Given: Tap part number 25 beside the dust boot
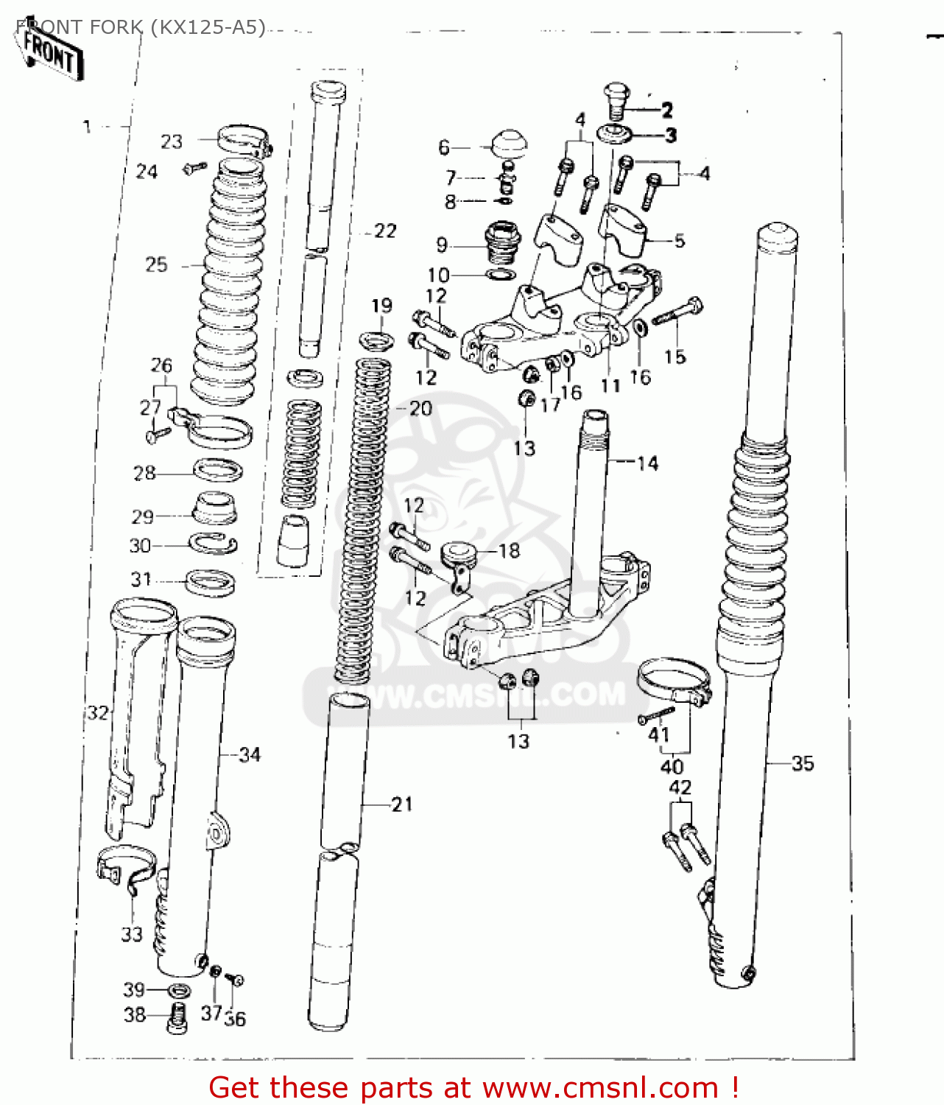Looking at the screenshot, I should (x=156, y=264).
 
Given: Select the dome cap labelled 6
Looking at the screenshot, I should (x=508, y=143).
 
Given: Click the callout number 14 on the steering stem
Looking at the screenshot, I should (x=647, y=463).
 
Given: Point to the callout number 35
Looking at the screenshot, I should (x=803, y=763).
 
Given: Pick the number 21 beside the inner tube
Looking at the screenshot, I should (x=401, y=804).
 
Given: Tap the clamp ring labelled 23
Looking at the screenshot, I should (x=243, y=139).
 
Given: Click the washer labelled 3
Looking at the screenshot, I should (x=615, y=134).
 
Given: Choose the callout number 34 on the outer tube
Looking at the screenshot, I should (x=250, y=754).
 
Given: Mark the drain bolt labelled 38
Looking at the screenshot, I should (x=176, y=1018).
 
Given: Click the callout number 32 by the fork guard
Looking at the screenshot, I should (x=98, y=712).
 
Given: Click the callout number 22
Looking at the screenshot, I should (x=385, y=231).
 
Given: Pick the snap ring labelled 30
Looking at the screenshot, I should (x=214, y=544).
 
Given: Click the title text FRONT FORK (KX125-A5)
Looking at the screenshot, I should (x=140, y=28).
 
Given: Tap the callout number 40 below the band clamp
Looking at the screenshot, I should (x=672, y=766).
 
